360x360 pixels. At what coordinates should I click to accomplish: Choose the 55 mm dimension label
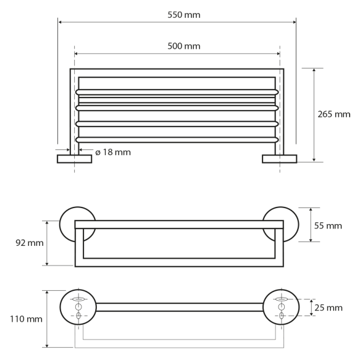click(x=329, y=226)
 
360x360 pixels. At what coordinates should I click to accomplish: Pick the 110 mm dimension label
click(x=25, y=319)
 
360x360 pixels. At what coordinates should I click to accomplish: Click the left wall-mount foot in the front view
click(x=74, y=159)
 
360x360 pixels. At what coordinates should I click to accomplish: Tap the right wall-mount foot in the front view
click(x=279, y=159)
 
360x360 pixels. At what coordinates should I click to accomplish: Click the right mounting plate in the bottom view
click(x=281, y=308)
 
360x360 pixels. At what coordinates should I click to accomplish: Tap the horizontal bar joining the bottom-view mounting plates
click(x=179, y=307)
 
